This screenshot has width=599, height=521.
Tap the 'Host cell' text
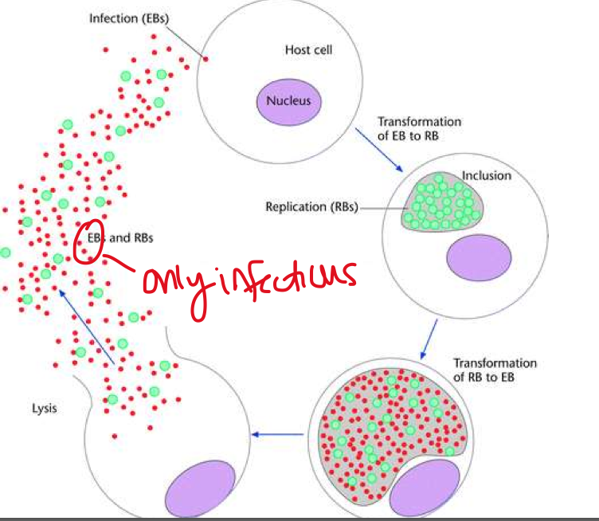(308, 50)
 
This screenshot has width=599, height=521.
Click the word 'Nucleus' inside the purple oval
(288, 101)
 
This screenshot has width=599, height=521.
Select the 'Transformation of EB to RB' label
(419, 128)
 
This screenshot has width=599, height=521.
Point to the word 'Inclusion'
(486, 174)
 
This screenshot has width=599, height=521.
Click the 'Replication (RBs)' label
(311, 207)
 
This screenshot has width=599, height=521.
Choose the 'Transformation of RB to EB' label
(495, 370)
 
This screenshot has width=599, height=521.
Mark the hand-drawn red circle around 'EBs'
(87, 247)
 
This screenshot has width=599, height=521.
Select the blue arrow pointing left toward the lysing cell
(277, 434)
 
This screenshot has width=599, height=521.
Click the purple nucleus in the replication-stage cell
(479, 261)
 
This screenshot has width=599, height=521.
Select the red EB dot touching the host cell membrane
(205, 59)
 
